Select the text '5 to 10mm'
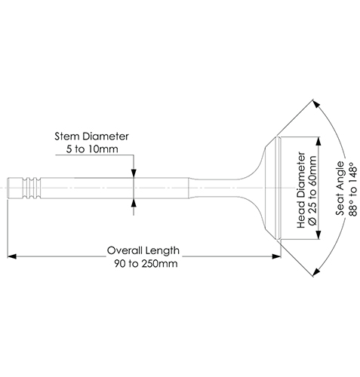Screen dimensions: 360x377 (92, 149)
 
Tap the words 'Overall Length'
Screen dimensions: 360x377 (143, 250)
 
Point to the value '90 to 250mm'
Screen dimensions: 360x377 (146, 264)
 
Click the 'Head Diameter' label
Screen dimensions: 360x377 (301, 190)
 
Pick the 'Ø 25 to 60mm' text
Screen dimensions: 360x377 (312, 191)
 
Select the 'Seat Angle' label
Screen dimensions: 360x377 (340, 188)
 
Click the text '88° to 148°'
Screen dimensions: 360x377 (353, 189)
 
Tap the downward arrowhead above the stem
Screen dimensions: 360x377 (134, 173)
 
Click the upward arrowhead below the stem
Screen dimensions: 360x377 (134, 203)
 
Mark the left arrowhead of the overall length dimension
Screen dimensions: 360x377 (12, 256)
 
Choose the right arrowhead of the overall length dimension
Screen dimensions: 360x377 (276, 256)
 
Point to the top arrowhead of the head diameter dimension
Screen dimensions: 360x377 (318, 142)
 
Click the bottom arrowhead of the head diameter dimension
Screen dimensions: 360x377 (318, 234)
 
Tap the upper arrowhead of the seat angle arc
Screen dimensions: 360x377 (316, 104)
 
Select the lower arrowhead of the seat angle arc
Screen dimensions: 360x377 (316, 272)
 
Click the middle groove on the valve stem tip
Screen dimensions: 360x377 (32, 188)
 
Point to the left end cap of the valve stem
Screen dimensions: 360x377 (8, 188)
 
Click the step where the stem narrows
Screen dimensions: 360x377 (189, 188)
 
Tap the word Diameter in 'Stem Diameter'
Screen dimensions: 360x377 (106, 136)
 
